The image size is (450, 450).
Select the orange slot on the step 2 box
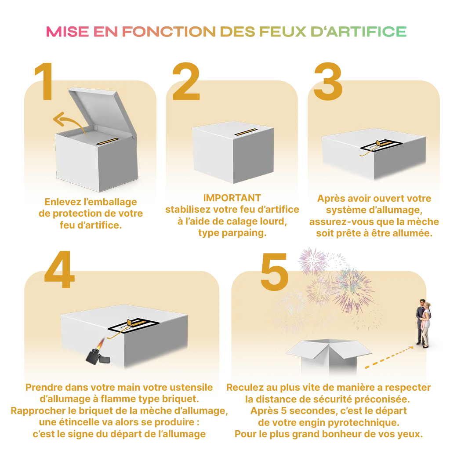coord(248,132)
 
